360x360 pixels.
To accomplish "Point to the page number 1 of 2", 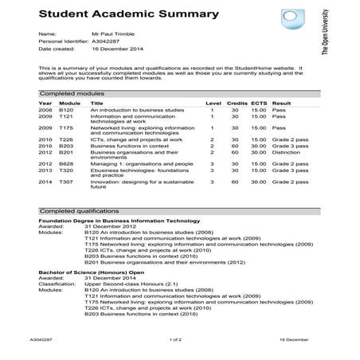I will click(x=176, y=339).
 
